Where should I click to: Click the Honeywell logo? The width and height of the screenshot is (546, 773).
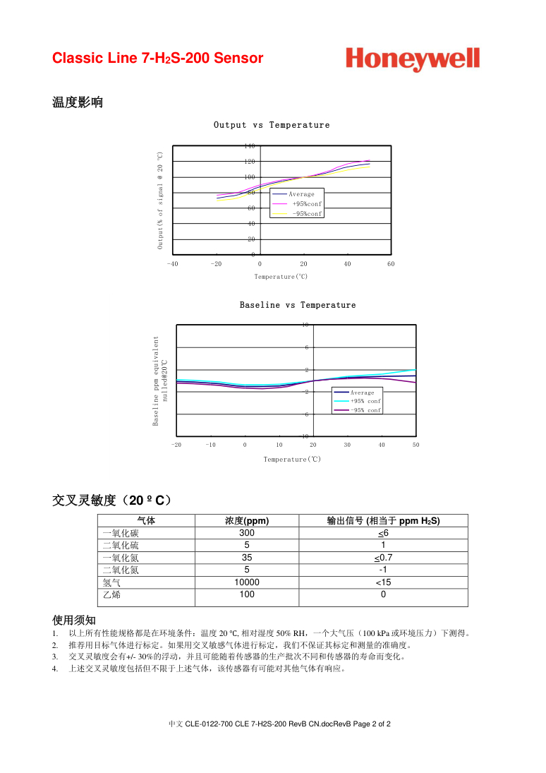click(x=413, y=59)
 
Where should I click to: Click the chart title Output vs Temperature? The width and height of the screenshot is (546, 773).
click(x=272, y=125)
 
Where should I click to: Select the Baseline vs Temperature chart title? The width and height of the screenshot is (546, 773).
click(x=298, y=305)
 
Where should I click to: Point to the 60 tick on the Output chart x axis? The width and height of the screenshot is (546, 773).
click(x=391, y=264)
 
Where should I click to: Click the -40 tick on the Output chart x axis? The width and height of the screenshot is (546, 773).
click(x=173, y=264)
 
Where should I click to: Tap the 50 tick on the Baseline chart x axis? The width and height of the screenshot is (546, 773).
click(x=415, y=445)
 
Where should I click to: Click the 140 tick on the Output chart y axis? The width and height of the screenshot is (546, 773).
click(x=250, y=146)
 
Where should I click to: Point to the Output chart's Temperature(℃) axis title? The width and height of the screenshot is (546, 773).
click(x=281, y=277)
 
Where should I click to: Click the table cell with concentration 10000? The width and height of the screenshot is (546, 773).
click(x=247, y=582)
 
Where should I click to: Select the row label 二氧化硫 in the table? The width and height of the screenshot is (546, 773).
click(x=121, y=546)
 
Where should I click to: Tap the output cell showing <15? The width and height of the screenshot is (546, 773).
click(x=383, y=582)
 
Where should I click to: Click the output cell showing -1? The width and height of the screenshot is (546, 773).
click(x=383, y=570)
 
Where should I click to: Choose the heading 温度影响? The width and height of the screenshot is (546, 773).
click(x=78, y=102)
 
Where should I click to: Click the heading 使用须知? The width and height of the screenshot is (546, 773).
click(x=74, y=620)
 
